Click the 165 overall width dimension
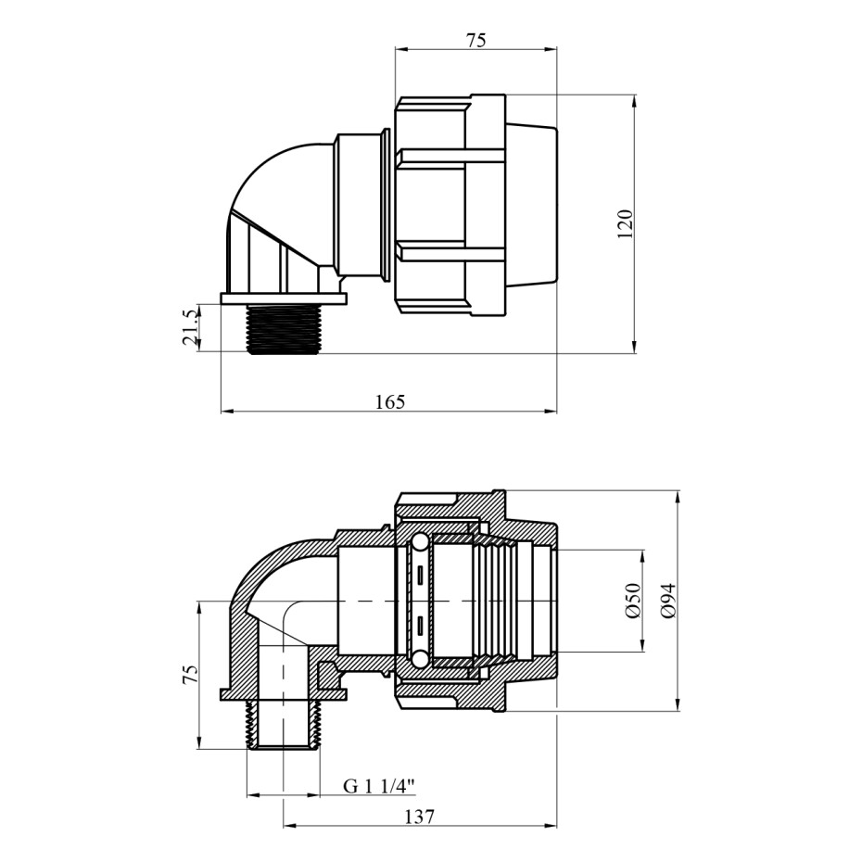pos(390,402)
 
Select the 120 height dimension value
pos(625,223)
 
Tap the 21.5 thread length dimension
pos(190,328)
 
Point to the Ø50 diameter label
pos(632,601)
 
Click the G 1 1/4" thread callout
pos(379,786)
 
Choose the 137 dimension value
pos(420,817)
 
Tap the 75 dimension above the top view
pos(476,41)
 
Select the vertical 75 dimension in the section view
pos(190,675)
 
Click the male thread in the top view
pos(283,329)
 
